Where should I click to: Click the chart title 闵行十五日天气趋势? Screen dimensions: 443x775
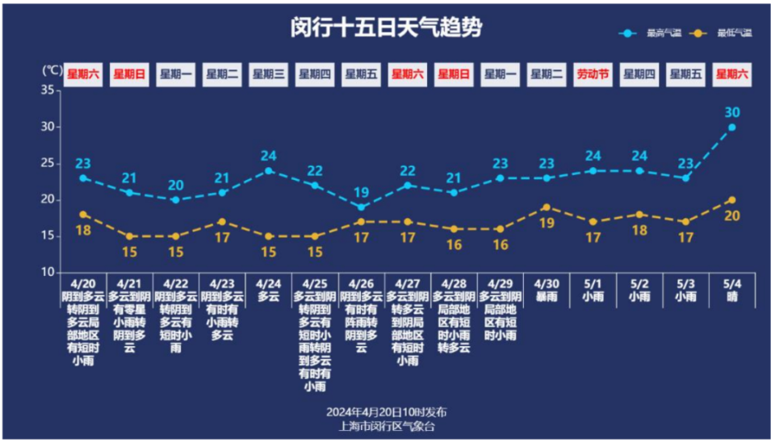(387, 27)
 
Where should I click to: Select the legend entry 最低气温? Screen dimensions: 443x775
(727, 33)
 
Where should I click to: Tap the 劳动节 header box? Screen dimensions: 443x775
(593, 74)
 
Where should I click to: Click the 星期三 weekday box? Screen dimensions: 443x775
(269, 74)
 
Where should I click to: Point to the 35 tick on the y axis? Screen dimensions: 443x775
(47, 90)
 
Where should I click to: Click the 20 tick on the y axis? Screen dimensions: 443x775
(47, 199)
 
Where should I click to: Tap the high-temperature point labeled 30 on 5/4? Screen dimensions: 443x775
(731, 127)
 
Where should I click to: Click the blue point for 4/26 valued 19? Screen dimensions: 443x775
(362, 207)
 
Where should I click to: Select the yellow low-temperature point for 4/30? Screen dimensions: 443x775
(547, 207)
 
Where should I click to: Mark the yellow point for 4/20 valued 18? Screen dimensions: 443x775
(83, 215)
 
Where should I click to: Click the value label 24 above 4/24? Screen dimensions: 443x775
(269, 156)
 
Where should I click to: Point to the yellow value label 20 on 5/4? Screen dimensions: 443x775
(731, 215)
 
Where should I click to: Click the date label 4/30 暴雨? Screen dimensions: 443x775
(547, 290)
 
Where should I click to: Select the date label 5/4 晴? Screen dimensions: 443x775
(731, 290)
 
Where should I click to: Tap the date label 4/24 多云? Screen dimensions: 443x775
(269, 290)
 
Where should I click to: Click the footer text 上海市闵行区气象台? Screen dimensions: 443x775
(387, 426)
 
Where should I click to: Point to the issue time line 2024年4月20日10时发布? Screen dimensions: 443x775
(387, 412)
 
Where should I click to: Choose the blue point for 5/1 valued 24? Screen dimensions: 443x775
(593, 170)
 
